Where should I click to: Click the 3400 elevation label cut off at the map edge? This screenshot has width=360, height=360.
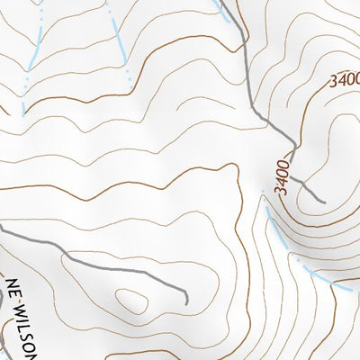(345, 80)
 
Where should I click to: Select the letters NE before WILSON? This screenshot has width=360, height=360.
(13, 287)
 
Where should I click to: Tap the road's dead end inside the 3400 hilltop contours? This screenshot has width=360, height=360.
(322, 200)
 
